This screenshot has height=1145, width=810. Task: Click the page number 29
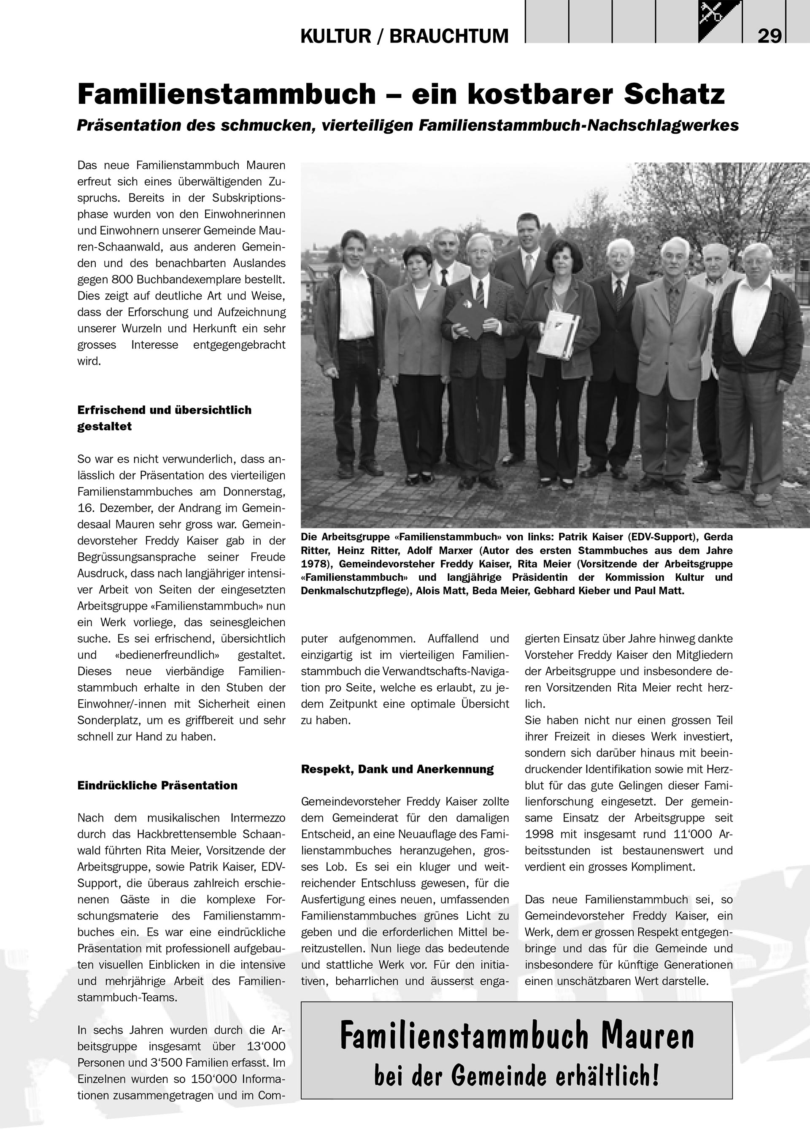click(769, 36)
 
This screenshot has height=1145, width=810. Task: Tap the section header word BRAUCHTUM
click(448, 36)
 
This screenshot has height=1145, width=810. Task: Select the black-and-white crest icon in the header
click(720, 21)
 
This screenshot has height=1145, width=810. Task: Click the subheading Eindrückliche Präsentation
click(157, 785)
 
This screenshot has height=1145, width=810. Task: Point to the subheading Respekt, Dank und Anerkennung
click(397, 769)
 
